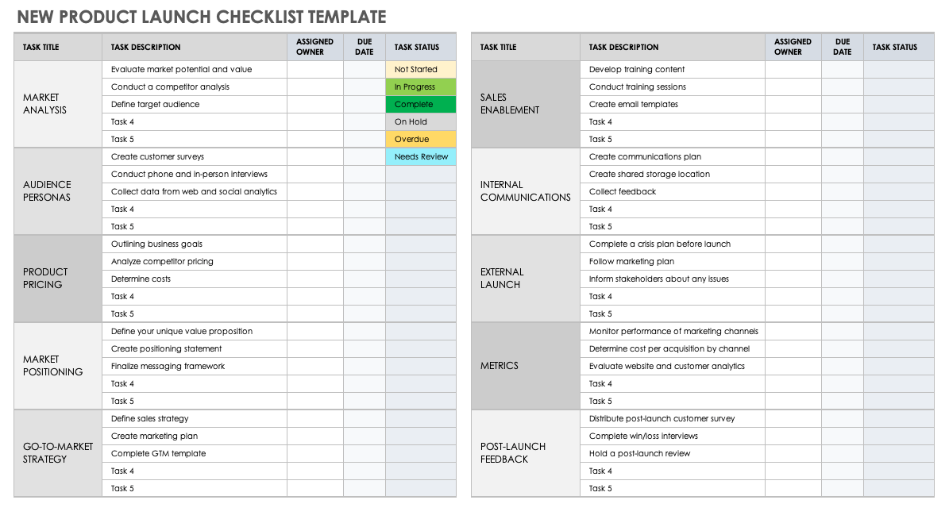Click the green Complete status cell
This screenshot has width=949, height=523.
click(x=420, y=105)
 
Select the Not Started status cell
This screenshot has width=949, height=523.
click(x=420, y=70)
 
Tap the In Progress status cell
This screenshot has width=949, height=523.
click(x=420, y=87)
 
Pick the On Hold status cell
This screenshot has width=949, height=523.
click(x=420, y=122)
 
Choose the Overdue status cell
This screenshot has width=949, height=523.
click(x=420, y=140)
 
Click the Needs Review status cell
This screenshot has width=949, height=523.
click(x=420, y=157)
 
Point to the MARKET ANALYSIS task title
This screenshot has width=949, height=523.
click(x=45, y=104)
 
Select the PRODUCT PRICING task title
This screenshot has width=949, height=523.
click(x=45, y=279)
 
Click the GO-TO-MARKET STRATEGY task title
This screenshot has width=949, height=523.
click(x=57, y=453)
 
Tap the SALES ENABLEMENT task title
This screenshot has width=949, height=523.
click(x=510, y=104)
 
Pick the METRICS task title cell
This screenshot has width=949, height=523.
click(x=500, y=366)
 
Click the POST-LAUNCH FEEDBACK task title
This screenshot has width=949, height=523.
click(x=514, y=453)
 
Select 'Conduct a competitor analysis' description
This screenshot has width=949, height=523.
click(x=170, y=87)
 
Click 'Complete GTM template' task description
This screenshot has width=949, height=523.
click(x=158, y=454)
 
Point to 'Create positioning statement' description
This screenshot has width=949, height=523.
click(x=166, y=349)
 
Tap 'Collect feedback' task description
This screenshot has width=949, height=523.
click(x=623, y=192)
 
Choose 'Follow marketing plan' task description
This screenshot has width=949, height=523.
click(x=631, y=262)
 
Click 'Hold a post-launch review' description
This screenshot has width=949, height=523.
click(x=639, y=454)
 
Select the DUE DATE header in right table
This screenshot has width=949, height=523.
click(x=843, y=47)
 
